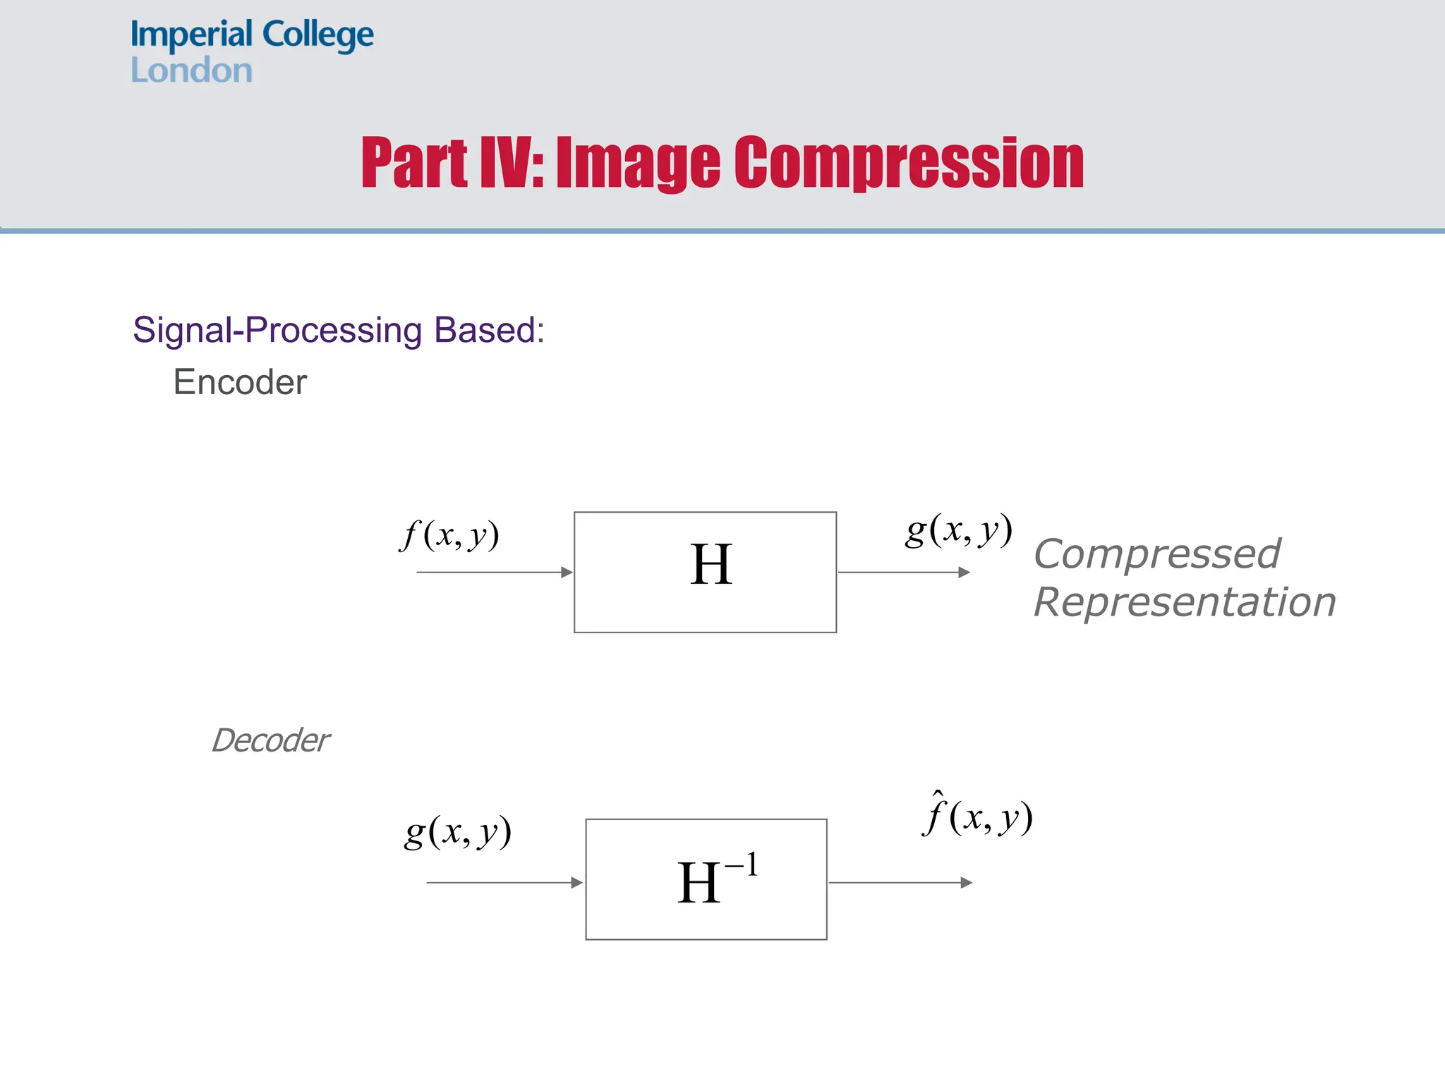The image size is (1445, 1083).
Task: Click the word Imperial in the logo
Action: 191,35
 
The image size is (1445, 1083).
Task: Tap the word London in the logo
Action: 191,71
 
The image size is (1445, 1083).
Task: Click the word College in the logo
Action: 318,35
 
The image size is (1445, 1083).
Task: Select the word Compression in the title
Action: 909,164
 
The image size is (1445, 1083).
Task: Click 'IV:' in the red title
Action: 512,164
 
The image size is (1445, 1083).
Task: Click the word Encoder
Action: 240,382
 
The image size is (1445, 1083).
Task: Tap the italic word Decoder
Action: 270,740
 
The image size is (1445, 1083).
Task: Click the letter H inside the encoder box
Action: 711,565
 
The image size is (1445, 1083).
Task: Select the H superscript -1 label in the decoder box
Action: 716,881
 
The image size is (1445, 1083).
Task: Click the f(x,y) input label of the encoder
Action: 449,535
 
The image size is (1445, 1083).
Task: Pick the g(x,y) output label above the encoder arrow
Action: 959,530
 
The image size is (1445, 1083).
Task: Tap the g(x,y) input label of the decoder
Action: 457,833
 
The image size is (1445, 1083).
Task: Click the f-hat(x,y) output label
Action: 977,816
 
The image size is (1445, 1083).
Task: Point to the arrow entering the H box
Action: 495,573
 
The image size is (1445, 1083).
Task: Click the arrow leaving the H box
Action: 904,573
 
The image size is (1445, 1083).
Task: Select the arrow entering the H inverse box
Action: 504,883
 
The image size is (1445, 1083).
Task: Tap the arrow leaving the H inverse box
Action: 900,883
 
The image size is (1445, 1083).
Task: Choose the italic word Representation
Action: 1185,602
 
